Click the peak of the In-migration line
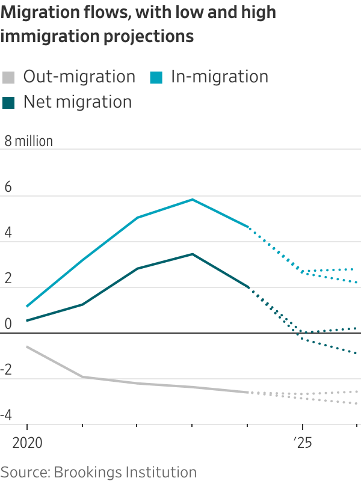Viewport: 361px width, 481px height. point(193,199)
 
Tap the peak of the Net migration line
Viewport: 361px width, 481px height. point(193,254)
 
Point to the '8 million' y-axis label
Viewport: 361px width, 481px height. point(29,141)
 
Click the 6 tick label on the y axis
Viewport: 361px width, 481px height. point(8,187)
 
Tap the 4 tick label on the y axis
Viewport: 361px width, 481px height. point(8,233)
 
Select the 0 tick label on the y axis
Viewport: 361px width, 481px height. point(8,324)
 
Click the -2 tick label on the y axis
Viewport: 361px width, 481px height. point(7,370)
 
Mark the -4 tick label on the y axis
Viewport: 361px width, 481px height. point(7,415)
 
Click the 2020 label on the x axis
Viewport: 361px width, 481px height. point(27,444)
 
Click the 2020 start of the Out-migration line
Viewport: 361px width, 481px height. point(27,347)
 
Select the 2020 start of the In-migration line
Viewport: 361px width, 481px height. point(27,307)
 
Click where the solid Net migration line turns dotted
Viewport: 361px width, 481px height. point(248,287)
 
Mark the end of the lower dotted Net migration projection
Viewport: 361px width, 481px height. point(357,354)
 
